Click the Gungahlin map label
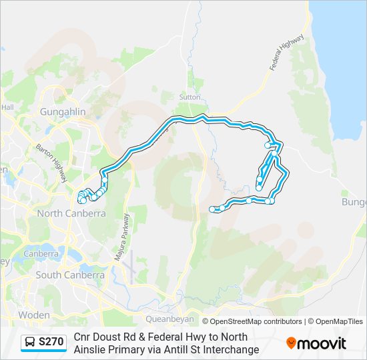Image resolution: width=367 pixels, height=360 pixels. tap(63, 112)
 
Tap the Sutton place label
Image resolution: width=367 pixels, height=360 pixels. tap(190, 97)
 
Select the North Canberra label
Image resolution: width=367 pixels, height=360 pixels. tap(71, 213)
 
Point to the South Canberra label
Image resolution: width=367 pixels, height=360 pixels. tap(70, 275)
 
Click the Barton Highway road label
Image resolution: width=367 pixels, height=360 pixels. tap(51, 163)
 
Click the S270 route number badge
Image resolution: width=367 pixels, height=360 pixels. tap(51, 342)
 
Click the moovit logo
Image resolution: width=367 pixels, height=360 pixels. tap(316, 343)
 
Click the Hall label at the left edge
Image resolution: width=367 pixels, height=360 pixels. tap(7, 107)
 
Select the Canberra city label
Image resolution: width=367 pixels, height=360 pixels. tap(41, 254)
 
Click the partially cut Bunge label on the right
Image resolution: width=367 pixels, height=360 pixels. tap(354, 202)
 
